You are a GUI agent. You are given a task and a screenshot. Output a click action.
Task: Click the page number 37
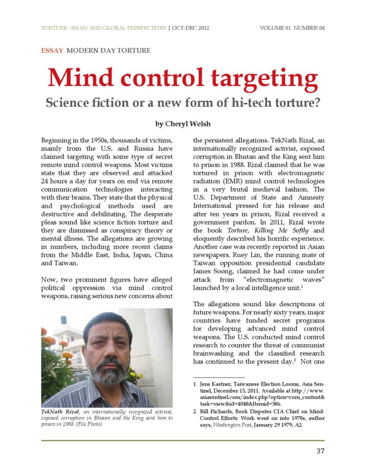coord(320,451)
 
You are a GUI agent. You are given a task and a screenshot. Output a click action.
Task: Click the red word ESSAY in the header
coord(52,50)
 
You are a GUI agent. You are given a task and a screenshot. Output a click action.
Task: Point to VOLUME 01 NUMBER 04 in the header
coord(292,28)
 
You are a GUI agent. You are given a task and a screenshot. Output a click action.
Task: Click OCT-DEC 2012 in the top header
coord(190,28)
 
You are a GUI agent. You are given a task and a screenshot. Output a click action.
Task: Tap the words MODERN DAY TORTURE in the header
coord(108,50)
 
